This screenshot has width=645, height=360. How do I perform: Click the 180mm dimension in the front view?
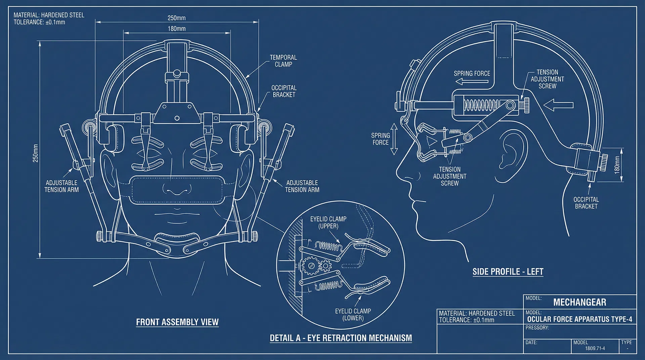[x=177, y=29]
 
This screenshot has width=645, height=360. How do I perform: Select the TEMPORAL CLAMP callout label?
[x=283, y=61]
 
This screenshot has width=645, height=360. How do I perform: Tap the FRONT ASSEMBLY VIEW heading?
[x=177, y=322]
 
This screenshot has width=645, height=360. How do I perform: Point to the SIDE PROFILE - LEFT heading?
[x=508, y=272]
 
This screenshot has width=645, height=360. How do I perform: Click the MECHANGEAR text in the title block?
[x=579, y=302]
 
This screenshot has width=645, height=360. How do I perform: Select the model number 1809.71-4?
[x=595, y=348]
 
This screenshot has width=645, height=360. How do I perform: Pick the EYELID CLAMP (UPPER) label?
[x=328, y=222]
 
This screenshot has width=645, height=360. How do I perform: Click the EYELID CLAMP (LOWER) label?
[x=353, y=314]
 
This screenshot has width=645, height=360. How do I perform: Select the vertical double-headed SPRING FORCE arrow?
[x=394, y=139]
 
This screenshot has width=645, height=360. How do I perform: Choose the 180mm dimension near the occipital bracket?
[x=617, y=165]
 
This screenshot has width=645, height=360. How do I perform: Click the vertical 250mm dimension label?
[x=36, y=153]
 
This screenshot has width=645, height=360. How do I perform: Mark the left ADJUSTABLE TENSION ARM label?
[x=62, y=186]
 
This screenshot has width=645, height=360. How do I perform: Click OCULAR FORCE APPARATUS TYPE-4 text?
[x=579, y=319]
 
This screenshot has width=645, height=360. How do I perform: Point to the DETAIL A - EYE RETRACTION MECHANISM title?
[x=341, y=338]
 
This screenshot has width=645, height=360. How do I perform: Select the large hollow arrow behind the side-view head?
[x=558, y=105]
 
